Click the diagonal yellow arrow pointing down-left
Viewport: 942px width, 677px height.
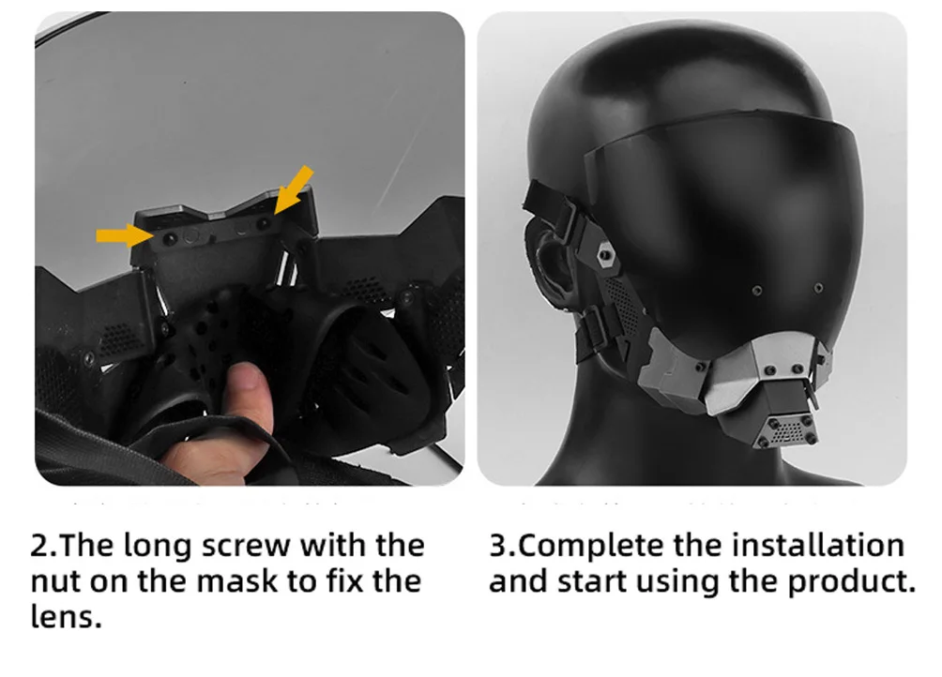[294, 190]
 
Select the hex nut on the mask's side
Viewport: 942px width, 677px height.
[606, 256]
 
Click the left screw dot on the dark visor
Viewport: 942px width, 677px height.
[757, 291]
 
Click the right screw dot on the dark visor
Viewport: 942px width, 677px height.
[818, 288]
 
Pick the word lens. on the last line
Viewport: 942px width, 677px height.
[66, 616]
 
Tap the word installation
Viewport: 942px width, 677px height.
[817, 545]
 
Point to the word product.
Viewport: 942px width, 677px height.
[852, 581]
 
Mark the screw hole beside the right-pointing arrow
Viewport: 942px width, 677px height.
[170, 239]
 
